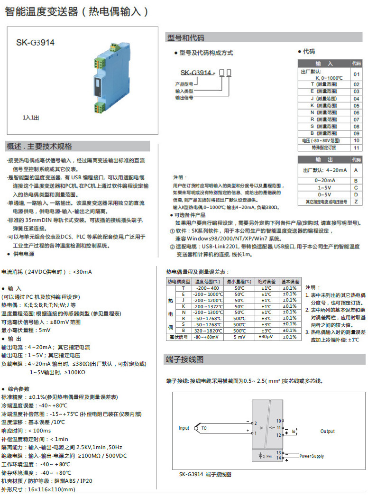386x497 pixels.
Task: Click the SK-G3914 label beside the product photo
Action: (36, 42)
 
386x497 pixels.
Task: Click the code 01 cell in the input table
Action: (356, 74)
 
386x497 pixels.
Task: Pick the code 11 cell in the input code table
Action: (356, 148)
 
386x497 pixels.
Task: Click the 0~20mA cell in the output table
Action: (324, 181)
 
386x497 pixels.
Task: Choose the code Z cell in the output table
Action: (356, 202)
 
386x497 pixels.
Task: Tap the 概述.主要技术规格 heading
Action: (39, 146)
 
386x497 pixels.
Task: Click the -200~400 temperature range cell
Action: (208, 288)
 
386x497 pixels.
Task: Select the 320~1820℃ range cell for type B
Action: (208, 331)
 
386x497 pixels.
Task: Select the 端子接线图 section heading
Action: (185, 359)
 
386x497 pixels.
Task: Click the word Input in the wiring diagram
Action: (184, 428)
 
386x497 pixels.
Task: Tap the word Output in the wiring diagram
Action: (327, 432)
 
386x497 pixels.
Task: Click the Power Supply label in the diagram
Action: (312, 456)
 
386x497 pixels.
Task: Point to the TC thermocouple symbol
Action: (204, 428)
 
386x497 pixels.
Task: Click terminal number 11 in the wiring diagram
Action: (279, 427)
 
